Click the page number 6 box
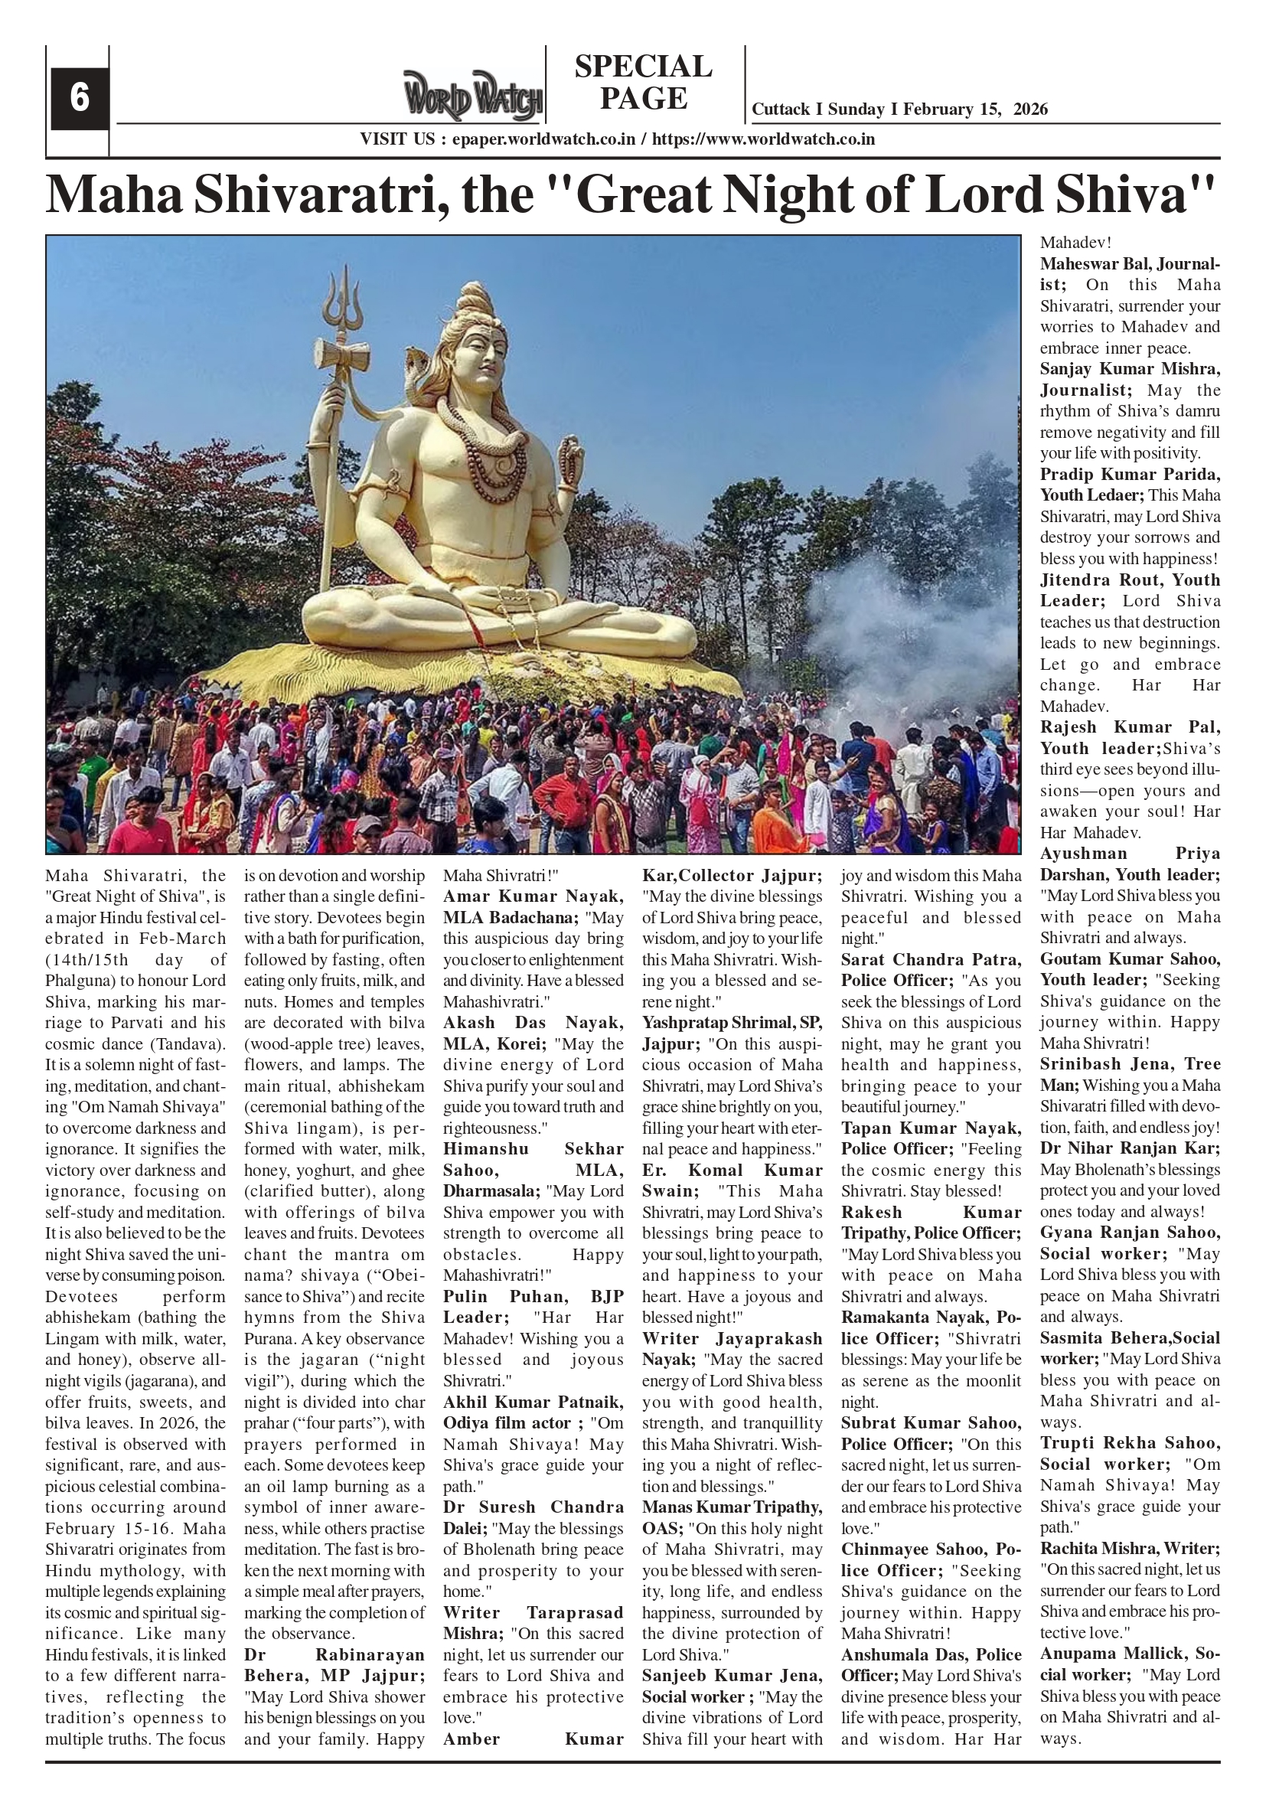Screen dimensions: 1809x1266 tap(79, 99)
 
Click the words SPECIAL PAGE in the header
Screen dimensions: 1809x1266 tap(643, 83)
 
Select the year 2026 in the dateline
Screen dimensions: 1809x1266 tap(1030, 109)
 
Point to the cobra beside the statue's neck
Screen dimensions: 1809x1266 tap(416, 371)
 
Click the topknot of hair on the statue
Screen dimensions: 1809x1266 tap(477, 296)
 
